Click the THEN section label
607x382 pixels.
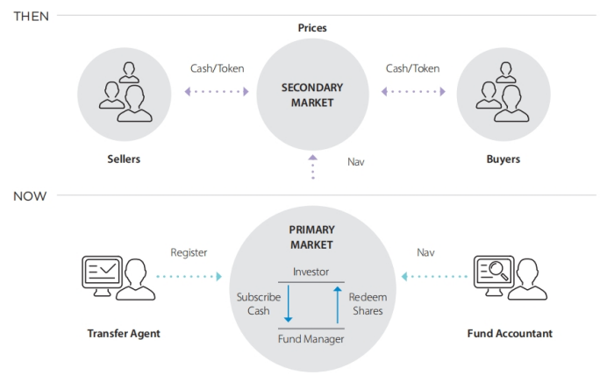tap(31, 17)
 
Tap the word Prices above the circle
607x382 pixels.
tap(311, 28)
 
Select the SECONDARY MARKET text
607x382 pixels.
tap(311, 95)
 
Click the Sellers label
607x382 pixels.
tap(123, 159)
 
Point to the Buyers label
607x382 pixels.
tap(503, 159)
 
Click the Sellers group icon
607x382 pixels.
tap(123, 91)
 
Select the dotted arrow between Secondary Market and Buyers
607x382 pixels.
tap(413, 91)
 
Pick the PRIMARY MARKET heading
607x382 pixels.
tap(311, 237)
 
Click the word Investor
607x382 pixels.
tap(311, 272)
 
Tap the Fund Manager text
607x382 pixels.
tap(311, 338)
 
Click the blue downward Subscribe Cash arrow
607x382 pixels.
tap(288, 306)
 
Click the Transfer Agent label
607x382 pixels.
tap(124, 333)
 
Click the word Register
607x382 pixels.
tap(189, 252)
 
